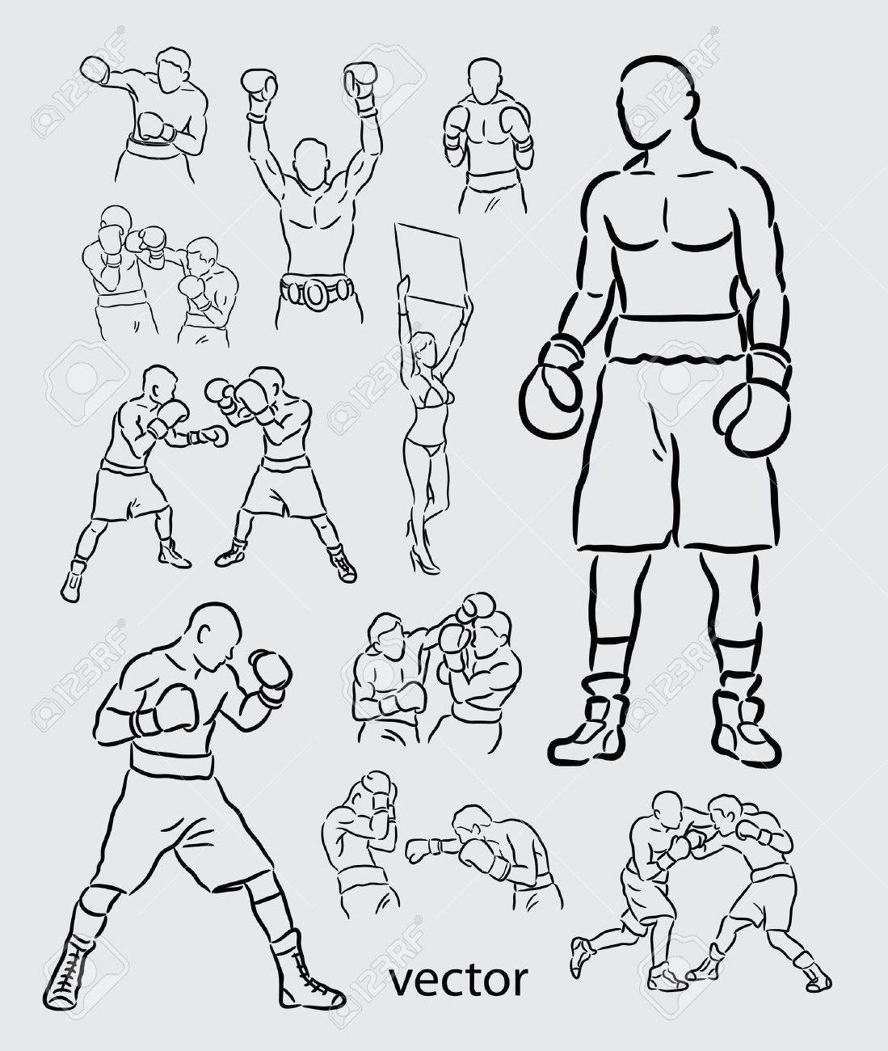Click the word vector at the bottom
click(x=459, y=981)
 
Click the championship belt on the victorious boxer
click(x=316, y=290)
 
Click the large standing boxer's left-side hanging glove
click(x=552, y=387)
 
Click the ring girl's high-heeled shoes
click(x=423, y=559)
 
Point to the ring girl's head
click(x=426, y=346)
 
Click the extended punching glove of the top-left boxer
click(x=95, y=70)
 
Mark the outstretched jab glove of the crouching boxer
click(x=423, y=849)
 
